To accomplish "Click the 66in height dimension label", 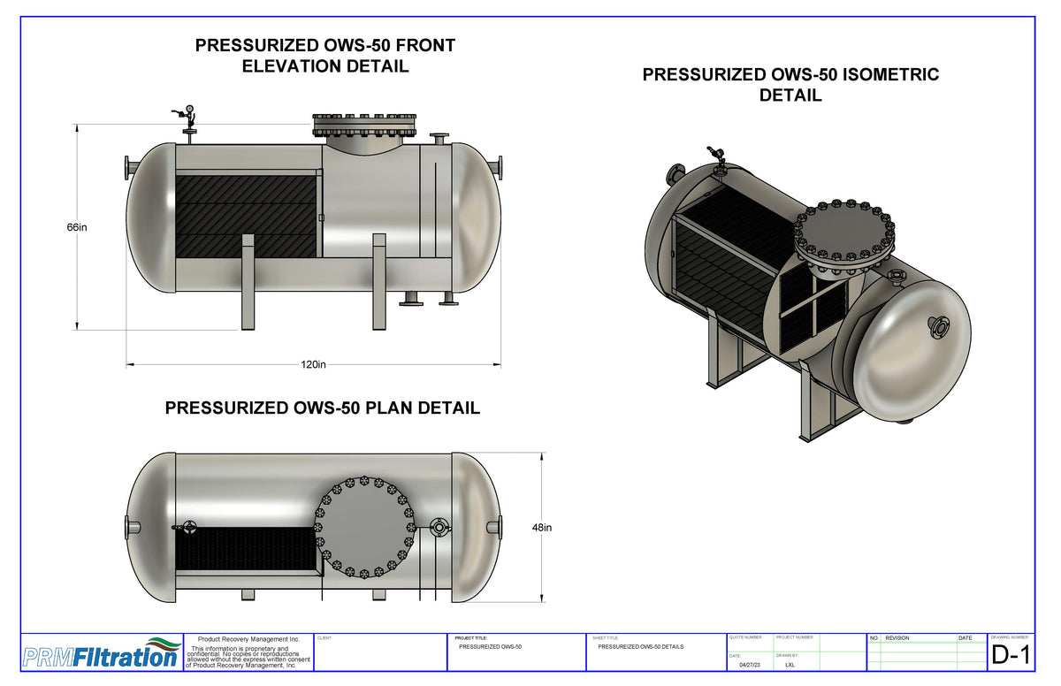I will point(77,227).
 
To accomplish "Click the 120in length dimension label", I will point(314,364).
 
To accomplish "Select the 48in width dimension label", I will point(541,528).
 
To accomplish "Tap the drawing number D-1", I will point(1011,655).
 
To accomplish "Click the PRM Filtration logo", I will point(99,655).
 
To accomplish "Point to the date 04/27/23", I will point(749,665).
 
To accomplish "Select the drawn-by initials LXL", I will point(790,665).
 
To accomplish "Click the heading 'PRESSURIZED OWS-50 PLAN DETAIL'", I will point(323,408).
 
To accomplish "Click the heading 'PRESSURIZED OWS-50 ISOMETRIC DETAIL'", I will point(790,85).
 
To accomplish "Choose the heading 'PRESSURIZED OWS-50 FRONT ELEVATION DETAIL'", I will point(325,56).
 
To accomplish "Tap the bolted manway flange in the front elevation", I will point(364,126).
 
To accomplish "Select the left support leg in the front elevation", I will point(248,281).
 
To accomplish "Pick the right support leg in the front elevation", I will point(379,281).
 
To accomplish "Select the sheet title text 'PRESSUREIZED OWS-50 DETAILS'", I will point(640,647).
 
